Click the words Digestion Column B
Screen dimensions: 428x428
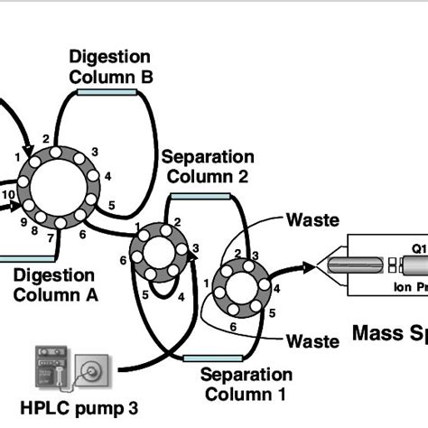111,66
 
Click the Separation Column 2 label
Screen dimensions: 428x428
204,167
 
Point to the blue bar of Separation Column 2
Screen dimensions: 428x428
196,194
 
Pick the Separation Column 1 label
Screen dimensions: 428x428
247,384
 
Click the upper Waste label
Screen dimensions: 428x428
312,219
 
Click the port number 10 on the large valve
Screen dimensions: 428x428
7,194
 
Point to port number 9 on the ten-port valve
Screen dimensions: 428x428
14,219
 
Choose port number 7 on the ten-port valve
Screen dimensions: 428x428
51,238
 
